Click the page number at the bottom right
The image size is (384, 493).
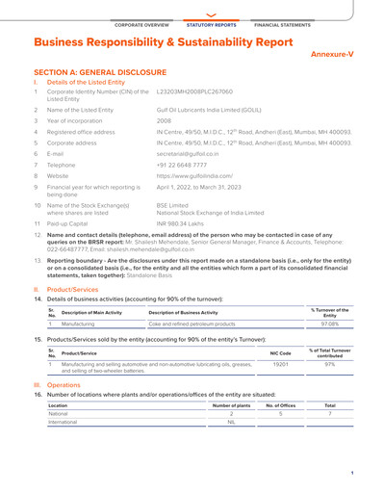coord(352,474)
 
